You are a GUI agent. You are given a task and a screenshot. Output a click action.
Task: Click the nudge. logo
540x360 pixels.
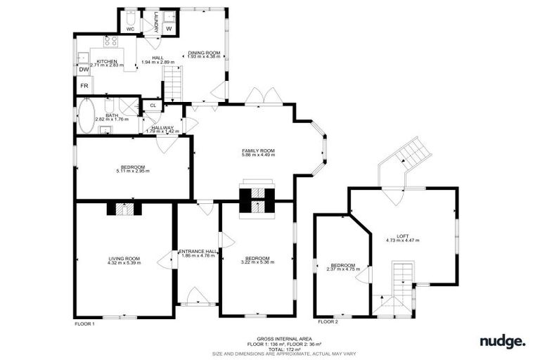pos(502,342)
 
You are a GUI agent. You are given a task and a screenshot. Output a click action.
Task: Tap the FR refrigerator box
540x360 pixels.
pos(84,86)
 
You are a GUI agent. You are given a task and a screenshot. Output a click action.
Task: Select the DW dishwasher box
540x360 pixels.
pos(84,70)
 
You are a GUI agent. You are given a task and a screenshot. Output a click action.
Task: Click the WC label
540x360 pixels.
pos(130,29)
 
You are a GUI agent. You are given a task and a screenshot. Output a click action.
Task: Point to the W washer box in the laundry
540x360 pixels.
pos(168,29)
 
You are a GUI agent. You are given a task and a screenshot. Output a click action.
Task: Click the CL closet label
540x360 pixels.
pos(153,106)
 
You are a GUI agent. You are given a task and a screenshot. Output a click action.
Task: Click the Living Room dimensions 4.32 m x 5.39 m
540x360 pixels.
pos(124,264)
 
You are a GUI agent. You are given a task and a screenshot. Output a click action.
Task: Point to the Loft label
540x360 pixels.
pos(402,236)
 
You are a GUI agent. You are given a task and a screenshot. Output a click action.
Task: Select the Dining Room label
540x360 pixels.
pos(203,53)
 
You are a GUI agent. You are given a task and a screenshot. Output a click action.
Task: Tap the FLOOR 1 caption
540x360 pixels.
pos(84,324)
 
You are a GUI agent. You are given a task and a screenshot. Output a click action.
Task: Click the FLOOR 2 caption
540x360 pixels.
pos(328,321)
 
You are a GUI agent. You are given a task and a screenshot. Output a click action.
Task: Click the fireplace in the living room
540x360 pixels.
pos(124,209)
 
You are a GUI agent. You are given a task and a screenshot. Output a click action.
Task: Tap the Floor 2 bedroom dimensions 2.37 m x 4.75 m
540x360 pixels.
pos(343,269)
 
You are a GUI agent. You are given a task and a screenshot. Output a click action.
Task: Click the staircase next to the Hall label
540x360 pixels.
pos(173,81)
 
